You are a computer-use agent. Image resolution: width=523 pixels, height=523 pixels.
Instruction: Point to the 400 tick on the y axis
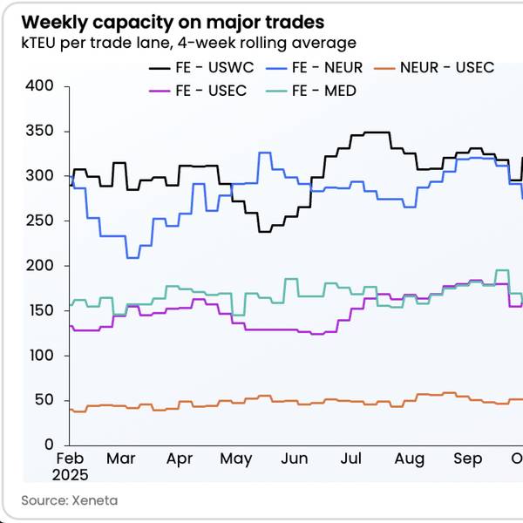pyautogui.click(x=41, y=86)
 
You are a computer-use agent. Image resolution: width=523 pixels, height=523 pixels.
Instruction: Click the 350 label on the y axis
pyautogui.click(x=41, y=131)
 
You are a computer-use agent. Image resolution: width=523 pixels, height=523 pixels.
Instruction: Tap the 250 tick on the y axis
pyautogui.click(x=41, y=221)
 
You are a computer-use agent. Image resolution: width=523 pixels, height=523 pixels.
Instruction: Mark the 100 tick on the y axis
pyautogui.click(x=41, y=356)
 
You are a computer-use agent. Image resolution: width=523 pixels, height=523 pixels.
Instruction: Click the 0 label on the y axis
pyautogui.click(x=49, y=445)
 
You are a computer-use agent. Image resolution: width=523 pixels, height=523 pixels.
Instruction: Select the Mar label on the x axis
pyautogui.click(x=121, y=459)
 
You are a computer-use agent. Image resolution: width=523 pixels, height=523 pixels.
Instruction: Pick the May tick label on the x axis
pyautogui.click(x=236, y=459)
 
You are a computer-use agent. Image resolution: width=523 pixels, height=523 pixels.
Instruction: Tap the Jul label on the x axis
pyautogui.click(x=351, y=459)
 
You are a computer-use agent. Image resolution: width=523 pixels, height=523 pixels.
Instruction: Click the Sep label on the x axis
pyautogui.click(x=468, y=459)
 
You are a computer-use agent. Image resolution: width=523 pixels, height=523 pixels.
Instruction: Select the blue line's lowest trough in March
pyautogui.click(x=133, y=257)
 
